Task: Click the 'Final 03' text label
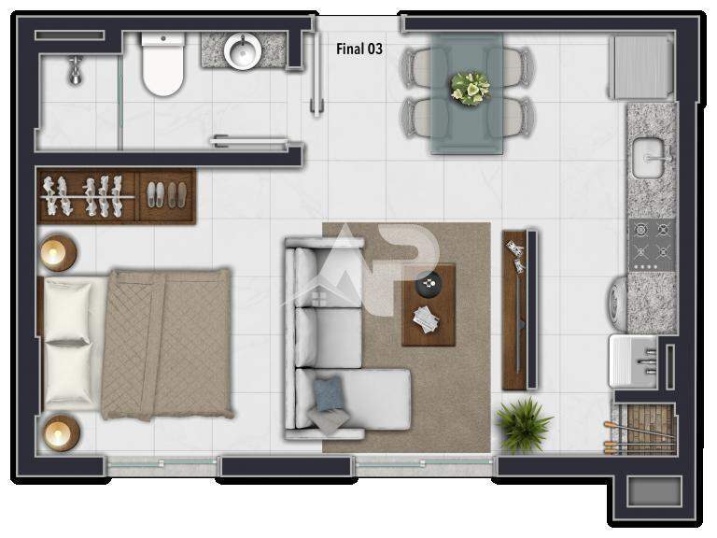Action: pos(359,49)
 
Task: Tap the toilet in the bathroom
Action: pos(163,64)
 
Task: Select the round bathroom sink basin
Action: pos(243,50)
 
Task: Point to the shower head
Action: pos(76,71)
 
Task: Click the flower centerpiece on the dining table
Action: pos(470,89)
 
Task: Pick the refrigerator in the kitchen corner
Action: pos(640,67)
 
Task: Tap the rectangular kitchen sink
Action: pos(649,158)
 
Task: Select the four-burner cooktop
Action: pos(651,246)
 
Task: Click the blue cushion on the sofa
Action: pos(328,393)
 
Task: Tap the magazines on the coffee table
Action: pos(426,319)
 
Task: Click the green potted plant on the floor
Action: pos(523,425)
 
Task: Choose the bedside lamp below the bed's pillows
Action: pos(61,432)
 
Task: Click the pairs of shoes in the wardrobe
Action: pos(166,195)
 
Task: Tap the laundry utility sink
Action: pos(633,361)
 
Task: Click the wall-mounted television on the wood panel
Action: pos(532,310)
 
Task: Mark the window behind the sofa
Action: pos(423,465)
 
